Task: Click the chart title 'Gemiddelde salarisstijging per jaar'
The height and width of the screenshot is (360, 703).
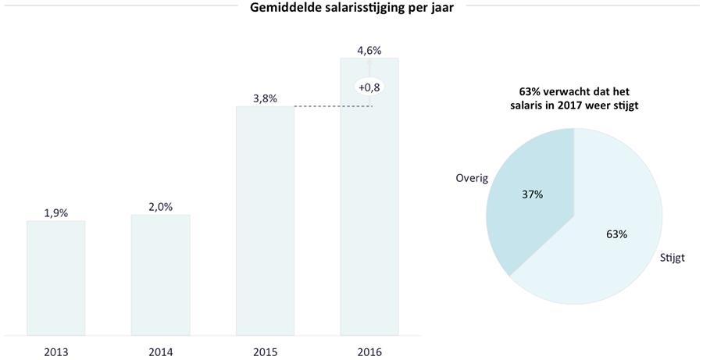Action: pos(351,9)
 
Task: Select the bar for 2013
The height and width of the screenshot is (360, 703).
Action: pos(56,278)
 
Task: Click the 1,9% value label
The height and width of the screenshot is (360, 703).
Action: pos(56,212)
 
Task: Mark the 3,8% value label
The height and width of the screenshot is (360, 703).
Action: pos(265,98)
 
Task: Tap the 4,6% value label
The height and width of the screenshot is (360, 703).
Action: pos(369,50)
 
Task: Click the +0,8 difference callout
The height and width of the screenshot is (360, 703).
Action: pos(369,87)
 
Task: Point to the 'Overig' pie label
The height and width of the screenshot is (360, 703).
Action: pos(472,178)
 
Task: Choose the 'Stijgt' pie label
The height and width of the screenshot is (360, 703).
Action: pos(672,257)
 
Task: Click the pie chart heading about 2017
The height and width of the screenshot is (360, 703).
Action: pos(574,98)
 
